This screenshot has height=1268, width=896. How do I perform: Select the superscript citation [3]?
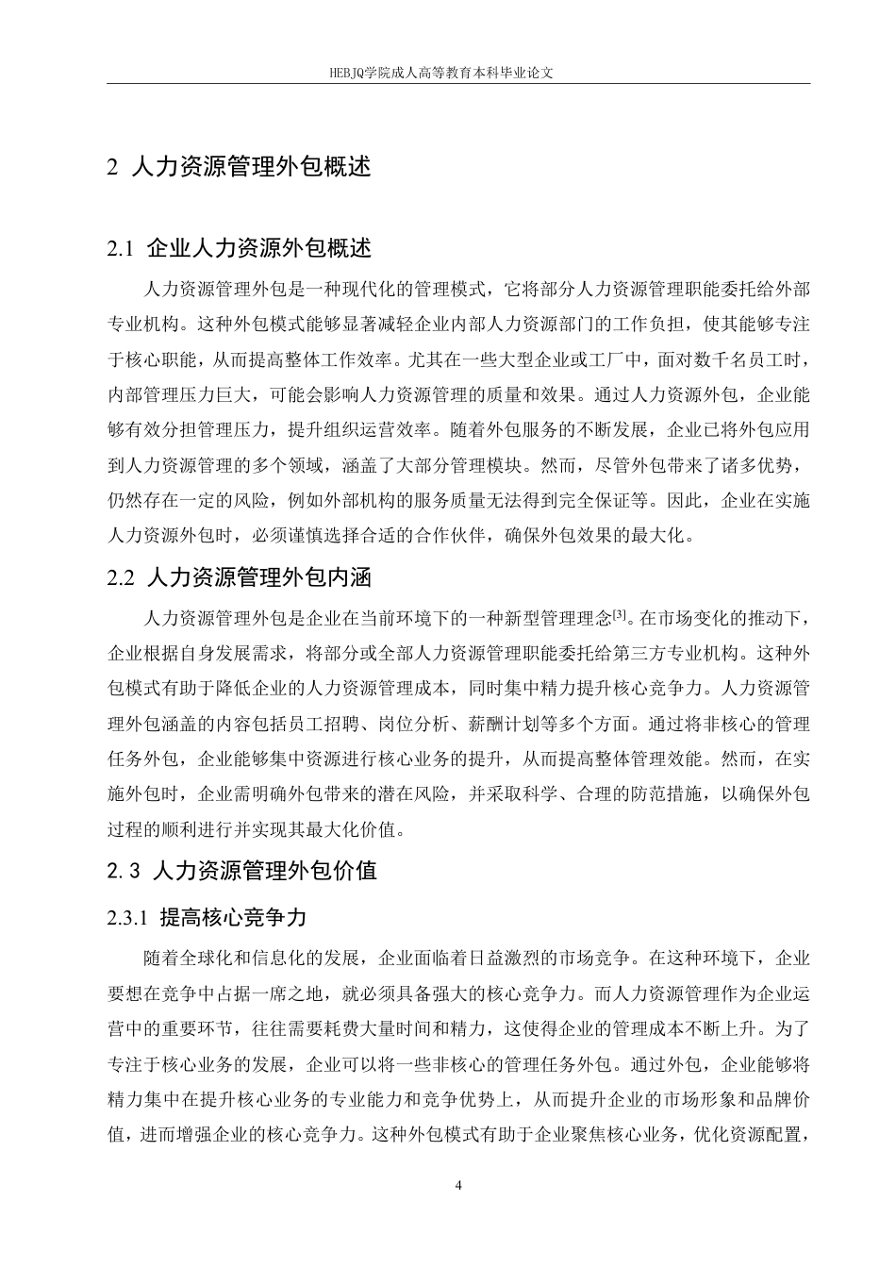pyautogui.click(x=619, y=615)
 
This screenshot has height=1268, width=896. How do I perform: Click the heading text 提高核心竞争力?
pyautogui.click(x=234, y=917)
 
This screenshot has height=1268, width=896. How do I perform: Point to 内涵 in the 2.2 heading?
pyautogui.click(x=357, y=577)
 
